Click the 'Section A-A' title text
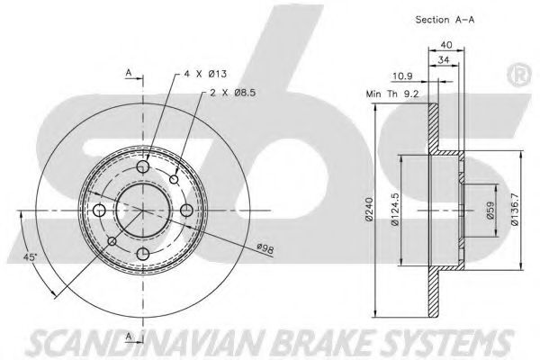[445, 20]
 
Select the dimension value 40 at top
[446, 45]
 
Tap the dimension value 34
[444, 60]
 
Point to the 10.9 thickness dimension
[402, 76]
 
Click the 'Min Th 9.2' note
[392, 94]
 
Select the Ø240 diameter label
[370, 209]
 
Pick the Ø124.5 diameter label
[395, 209]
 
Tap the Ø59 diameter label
[490, 210]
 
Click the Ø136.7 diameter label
[515, 209]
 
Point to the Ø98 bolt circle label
[265, 248]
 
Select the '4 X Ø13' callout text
[205, 74]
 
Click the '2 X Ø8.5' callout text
[233, 93]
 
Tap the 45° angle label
[30, 257]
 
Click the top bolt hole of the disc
[142, 166]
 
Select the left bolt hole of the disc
[100, 210]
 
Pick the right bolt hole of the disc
[186, 210]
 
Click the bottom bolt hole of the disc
[142, 254]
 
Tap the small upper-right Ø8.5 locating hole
[175, 179]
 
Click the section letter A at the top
[129, 73]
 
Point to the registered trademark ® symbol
[519, 76]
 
